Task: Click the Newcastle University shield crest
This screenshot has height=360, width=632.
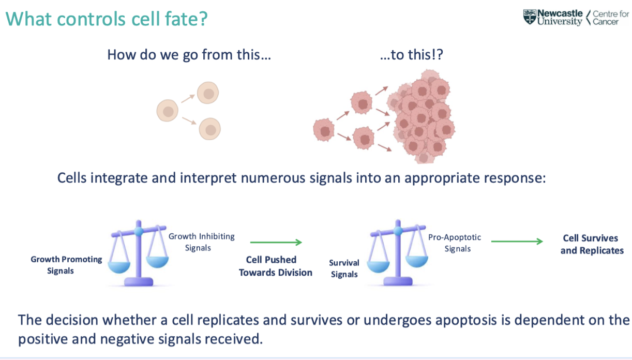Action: pyautogui.click(x=530, y=17)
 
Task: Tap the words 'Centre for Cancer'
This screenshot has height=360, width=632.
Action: pyautogui.click(x=611, y=18)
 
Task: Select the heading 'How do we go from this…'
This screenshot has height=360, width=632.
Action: pyautogui.click(x=189, y=55)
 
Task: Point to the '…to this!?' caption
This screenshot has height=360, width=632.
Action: pyautogui.click(x=412, y=54)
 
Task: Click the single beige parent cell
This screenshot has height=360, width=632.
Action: pyautogui.click(x=168, y=110)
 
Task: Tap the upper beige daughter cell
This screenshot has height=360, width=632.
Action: pyautogui.click(x=208, y=93)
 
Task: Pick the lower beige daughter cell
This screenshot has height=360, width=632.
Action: pyautogui.click(x=209, y=129)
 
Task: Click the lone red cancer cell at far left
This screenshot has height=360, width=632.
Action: pyautogui.click(x=324, y=130)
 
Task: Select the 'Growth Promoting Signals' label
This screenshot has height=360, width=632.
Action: pyautogui.click(x=66, y=265)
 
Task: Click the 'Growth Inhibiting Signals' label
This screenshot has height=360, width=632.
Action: pyautogui.click(x=202, y=242)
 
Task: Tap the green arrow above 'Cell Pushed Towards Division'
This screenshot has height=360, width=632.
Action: pyautogui.click(x=276, y=242)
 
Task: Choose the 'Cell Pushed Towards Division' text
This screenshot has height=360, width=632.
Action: pyautogui.click(x=275, y=266)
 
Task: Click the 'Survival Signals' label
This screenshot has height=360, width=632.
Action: pyautogui.click(x=344, y=268)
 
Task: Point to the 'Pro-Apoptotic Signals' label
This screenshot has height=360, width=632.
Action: pyautogui.click(x=455, y=243)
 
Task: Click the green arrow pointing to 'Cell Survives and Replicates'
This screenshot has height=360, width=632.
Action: pyautogui.click(x=517, y=241)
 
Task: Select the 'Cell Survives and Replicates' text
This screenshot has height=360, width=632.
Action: pyautogui.click(x=592, y=244)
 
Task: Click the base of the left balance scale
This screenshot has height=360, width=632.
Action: pyautogui.click(x=139, y=281)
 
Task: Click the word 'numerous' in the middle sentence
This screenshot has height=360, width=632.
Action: pyautogui.click(x=273, y=178)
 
